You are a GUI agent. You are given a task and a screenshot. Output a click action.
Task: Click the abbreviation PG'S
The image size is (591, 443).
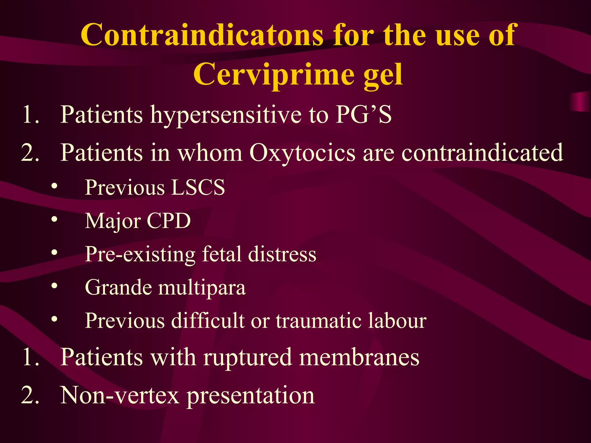(x=363, y=114)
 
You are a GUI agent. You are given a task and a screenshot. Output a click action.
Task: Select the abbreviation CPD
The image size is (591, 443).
(x=169, y=221)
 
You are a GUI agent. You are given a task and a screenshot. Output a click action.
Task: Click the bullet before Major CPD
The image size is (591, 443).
(x=54, y=220)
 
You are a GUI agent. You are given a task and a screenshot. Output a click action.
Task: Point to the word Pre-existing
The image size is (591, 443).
(x=140, y=254)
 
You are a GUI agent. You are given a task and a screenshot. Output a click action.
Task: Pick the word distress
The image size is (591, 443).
(x=282, y=254)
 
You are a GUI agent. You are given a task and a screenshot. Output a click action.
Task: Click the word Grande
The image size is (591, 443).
(x=118, y=287)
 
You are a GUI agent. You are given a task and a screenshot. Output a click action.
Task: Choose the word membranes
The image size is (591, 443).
(x=359, y=357)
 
